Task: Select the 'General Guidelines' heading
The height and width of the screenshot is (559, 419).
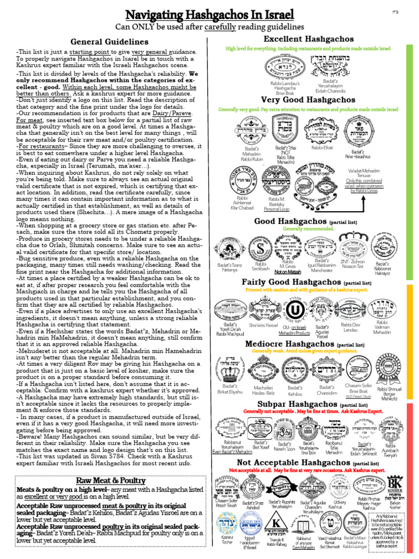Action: pos(109,41)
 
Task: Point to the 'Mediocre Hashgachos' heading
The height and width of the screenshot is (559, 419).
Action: pos(289,344)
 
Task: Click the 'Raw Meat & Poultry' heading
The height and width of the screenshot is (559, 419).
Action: pos(110,480)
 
